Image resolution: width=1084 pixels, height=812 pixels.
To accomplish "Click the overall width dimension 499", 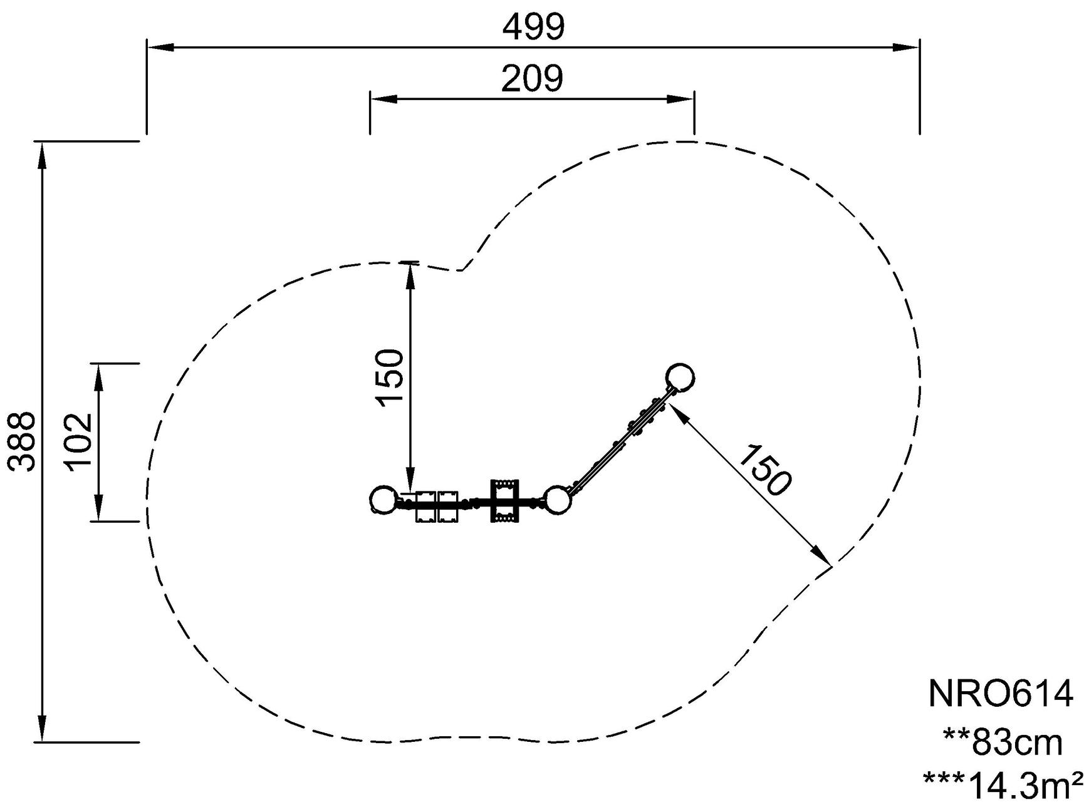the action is (534, 27).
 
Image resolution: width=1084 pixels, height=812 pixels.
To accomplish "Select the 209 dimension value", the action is (532, 79).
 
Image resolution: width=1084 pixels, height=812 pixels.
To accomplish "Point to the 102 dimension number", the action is (78, 441).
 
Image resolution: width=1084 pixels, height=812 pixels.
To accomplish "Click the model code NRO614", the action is (1001, 694).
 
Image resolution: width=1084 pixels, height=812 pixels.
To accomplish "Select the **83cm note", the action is (1003, 743).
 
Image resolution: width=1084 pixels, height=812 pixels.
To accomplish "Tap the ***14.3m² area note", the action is (1003, 786).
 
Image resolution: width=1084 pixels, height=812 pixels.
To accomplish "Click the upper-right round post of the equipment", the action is (680, 378).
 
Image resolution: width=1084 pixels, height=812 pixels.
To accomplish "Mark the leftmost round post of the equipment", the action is (383, 500).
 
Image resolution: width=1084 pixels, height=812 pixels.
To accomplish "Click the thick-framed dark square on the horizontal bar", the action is (505, 500).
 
